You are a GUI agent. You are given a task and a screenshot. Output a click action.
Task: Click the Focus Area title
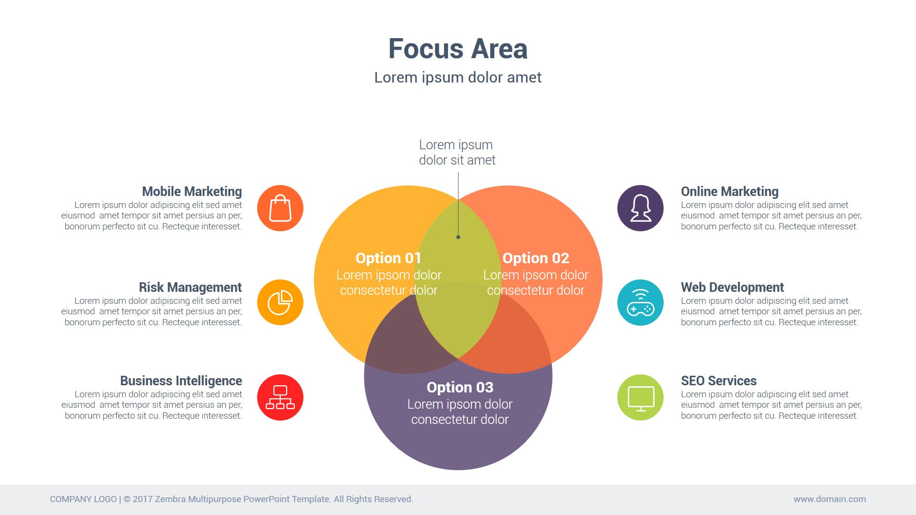click(x=458, y=49)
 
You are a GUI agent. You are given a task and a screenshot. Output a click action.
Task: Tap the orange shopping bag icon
click(x=280, y=208)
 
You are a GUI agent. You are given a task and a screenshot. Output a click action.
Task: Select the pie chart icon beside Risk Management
click(x=280, y=302)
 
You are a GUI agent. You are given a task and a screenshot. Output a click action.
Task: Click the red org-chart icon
click(x=280, y=397)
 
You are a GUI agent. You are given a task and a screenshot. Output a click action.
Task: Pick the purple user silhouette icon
click(x=640, y=208)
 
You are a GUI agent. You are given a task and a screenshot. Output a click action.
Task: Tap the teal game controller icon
click(x=640, y=302)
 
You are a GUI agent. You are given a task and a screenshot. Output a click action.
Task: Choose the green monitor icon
click(x=640, y=397)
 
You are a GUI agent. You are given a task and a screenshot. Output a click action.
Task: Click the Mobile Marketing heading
click(x=192, y=191)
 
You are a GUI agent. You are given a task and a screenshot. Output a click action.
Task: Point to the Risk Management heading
click(x=190, y=287)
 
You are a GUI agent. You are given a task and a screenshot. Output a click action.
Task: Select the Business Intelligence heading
click(x=181, y=381)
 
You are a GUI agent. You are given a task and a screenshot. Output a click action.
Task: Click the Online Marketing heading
click(x=729, y=191)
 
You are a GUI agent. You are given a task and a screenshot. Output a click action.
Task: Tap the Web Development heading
click(x=732, y=287)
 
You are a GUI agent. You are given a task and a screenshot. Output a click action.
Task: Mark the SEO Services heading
click(x=718, y=381)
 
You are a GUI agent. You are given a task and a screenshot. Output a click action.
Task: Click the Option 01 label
click(x=388, y=258)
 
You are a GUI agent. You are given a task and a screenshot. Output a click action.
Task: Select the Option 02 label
click(x=536, y=258)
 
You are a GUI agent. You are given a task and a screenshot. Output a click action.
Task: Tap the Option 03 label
click(x=460, y=387)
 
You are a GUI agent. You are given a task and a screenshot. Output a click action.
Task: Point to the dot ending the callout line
click(x=458, y=237)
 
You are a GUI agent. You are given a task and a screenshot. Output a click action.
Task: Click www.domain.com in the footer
click(x=830, y=499)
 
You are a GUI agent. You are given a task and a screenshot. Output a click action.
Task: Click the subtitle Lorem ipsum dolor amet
click(x=458, y=77)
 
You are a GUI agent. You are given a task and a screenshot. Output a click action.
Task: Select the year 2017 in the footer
click(x=143, y=499)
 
